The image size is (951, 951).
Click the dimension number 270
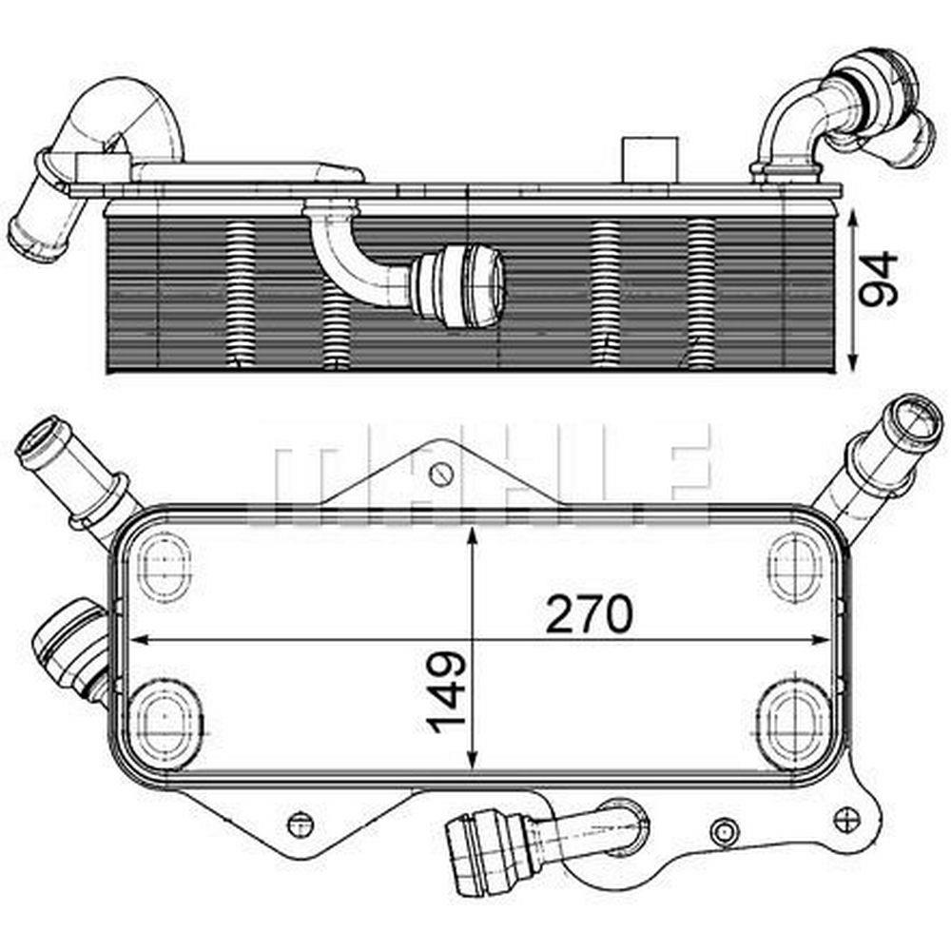tap(589, 613)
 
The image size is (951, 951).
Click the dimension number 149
tap(446, 691)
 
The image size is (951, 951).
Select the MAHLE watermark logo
tap(479, 474)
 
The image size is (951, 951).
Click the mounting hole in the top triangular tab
tap(441, 473)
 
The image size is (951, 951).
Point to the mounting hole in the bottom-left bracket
tap(299, 824)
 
